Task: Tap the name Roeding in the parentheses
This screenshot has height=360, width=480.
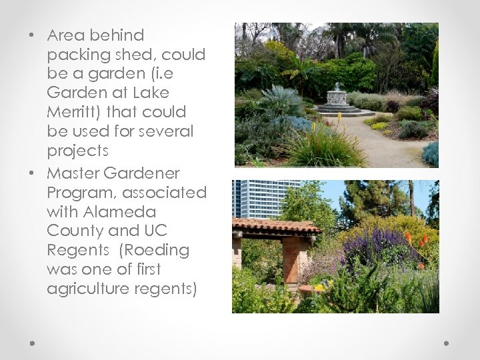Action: click(156, 251)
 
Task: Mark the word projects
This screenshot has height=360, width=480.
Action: click(76, 151)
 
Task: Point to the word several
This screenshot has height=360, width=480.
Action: click(166, 131)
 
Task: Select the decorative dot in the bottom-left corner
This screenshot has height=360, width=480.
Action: click(32, 343)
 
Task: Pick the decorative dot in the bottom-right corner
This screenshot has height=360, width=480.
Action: click(447, 343)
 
